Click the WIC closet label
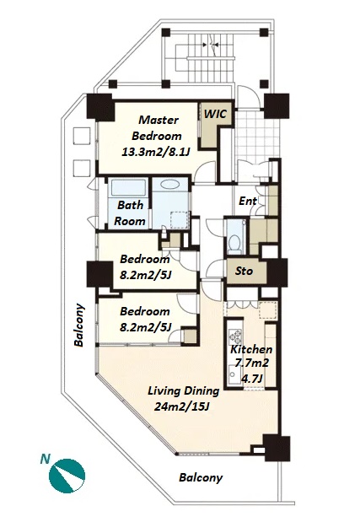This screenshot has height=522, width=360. (215, 114)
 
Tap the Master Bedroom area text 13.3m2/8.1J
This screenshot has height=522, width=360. (156, 153)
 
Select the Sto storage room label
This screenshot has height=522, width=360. (244, 271)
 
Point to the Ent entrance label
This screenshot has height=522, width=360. (248, 201)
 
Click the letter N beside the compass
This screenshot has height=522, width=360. (45, 460)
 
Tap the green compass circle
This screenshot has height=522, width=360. (67, 476)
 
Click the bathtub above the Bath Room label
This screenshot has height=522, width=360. (128, 188)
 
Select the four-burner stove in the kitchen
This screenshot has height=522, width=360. (235, 336)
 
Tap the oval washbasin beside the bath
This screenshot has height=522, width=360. (169, 184)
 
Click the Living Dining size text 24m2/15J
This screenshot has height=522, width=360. (181, 406)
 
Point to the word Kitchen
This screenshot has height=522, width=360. (251, 350)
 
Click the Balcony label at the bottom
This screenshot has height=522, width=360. (201, 477)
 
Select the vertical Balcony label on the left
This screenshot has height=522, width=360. (79, 325)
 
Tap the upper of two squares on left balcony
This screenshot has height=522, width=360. (82, 136)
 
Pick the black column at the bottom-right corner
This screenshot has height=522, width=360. (277, 448)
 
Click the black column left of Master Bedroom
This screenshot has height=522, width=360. (100, 107)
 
